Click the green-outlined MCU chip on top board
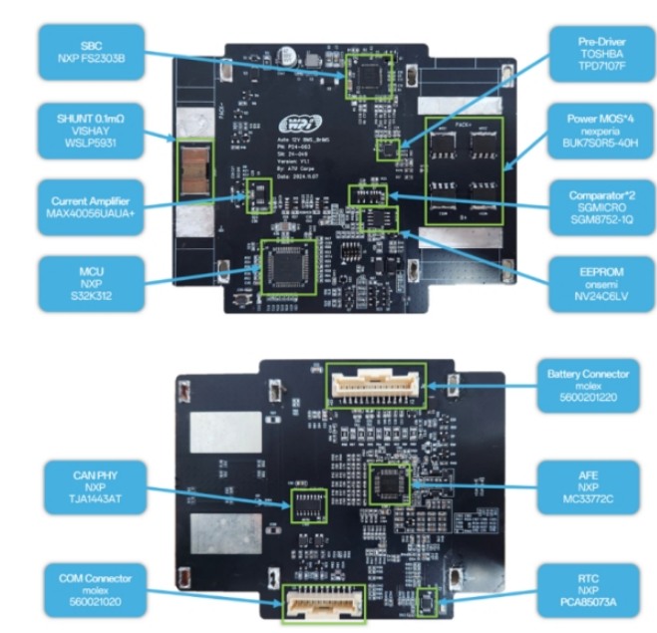tap(287, 266)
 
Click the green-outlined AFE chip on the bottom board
tap(387, 482)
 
